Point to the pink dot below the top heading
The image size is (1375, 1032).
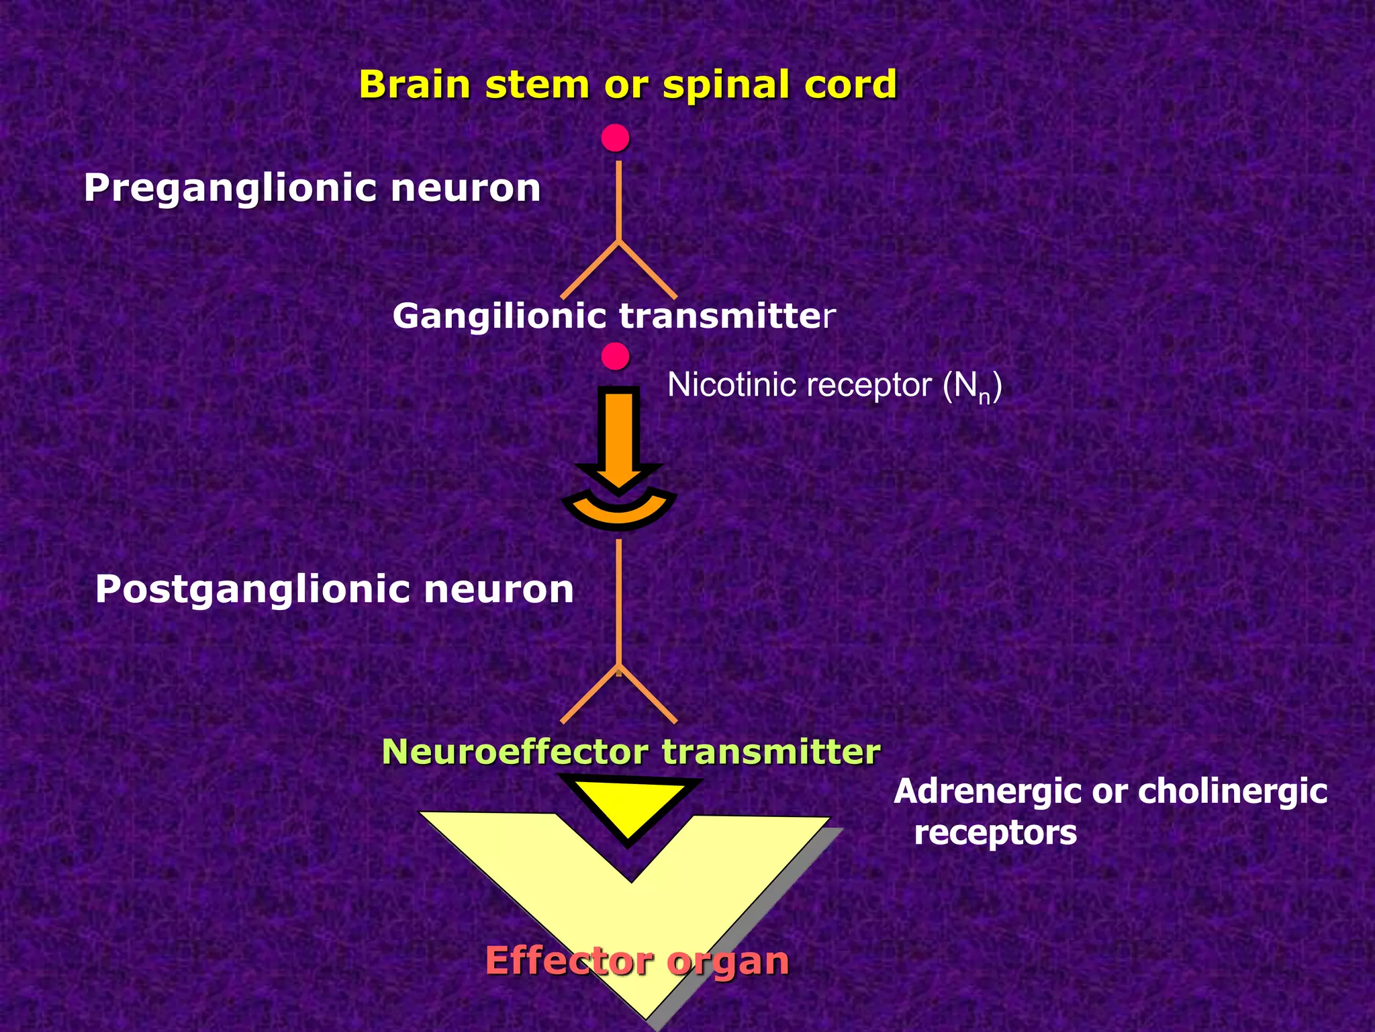coord(615,138)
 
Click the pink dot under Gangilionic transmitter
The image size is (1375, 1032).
coord(615,356)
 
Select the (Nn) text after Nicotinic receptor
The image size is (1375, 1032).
coord(972,387)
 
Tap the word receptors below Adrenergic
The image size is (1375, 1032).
coord(995,832)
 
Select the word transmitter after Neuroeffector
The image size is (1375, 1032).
coord(771,751)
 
